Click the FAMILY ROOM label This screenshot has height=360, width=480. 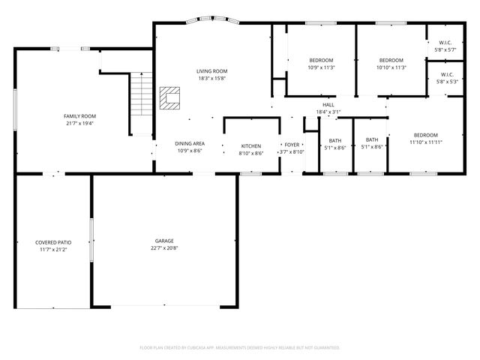pos(79,116)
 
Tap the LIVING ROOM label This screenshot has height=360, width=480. pos(212,71)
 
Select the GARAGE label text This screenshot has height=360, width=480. pos(164,241)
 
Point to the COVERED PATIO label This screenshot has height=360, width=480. pos(53,242)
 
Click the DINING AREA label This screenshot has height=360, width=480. pos(190,143)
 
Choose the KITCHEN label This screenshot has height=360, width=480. pos(250,145)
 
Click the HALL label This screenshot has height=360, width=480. pos(328,104)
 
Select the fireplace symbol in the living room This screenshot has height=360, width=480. pos(170,97)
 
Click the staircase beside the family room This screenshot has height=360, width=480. pos(141,103)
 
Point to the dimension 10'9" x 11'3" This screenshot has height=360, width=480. pos(321,67)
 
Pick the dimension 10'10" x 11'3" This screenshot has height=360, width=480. pos(391,67)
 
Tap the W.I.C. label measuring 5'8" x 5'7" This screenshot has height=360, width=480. pos(445,50)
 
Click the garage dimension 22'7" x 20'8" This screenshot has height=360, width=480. pos(164,248)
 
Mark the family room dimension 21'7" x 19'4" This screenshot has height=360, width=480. pos(79,124)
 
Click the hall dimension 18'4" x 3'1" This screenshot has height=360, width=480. pos(328,112)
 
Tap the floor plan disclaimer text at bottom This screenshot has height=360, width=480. pos(240,347)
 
